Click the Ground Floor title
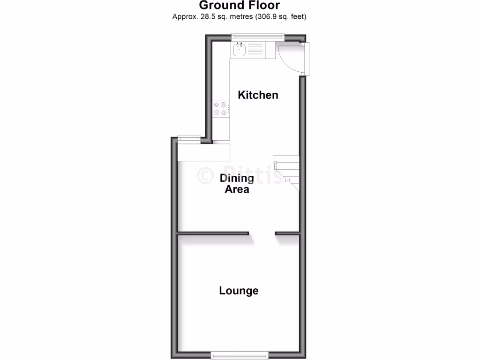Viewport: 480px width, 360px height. tap(240, 6)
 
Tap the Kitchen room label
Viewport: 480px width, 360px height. tap(258, 95)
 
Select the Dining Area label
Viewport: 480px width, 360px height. tap(237, 184)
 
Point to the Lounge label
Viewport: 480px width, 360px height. tap(239, 291)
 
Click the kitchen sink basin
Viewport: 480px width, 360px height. tap(239, 49)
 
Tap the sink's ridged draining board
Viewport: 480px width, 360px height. tap(255, 50)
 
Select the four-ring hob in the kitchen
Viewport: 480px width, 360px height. tap(220, 109)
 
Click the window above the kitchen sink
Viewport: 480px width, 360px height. tap(258, 35)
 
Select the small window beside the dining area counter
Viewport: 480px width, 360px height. tap(189, 138)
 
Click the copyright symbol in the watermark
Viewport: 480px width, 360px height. tap(205, 175)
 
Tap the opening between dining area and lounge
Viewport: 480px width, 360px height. tap(262, 233)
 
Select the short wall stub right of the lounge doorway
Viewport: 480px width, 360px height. tap(287, 233)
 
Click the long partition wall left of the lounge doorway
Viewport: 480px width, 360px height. tap(212, 233)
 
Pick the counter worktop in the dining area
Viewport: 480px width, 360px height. tap(204, 152)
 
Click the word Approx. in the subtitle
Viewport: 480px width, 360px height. tap(184, 17)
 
